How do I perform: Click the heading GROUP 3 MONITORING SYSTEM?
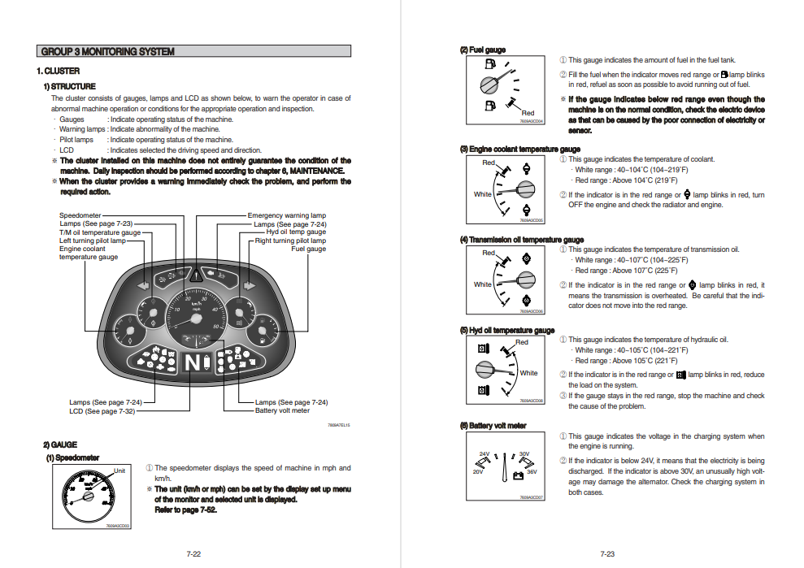click(x=107, y=51)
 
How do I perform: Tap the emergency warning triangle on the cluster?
click(x=196, y=275)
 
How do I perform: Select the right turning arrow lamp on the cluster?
click(x=250, y=286)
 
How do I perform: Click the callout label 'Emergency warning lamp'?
click(x=286, y=216)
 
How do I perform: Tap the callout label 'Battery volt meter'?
click(x=282, y=411)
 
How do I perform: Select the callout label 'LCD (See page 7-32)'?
click(x=102, y=411)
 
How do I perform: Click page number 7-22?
click(x=193, y=554)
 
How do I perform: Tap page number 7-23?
click(x=606, y=554)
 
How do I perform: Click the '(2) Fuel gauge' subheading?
click(x=482, y=50)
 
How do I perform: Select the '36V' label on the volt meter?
click(x=532, y=471)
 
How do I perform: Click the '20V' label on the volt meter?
click(x=478, y=471)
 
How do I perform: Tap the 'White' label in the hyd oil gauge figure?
click(x=528, y=373)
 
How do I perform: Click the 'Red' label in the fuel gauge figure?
click(x=528, y=113)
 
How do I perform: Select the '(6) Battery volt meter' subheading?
click(x=493, y=425)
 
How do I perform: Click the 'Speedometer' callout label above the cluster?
click(x=80, y=216)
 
